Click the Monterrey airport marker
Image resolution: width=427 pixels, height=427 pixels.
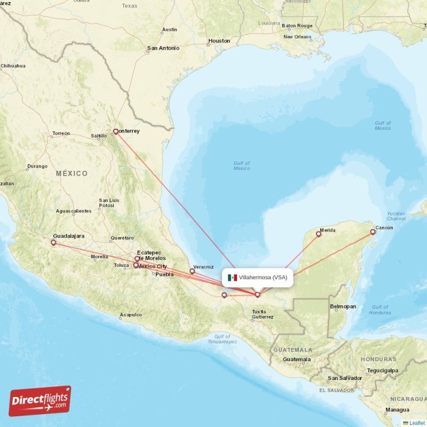(x=115, y=131)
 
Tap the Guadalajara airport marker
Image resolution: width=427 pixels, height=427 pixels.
(x=53, y=243)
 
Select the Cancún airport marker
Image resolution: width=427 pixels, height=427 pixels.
(x=373, y=232)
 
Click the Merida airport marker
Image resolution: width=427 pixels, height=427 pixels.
(x=319, y=233)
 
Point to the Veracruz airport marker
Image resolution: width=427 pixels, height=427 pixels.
(x=192, y=271)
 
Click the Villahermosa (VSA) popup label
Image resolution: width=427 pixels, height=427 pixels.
(x=263, y=278)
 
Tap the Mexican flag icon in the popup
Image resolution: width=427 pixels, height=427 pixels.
(x=232, y=278)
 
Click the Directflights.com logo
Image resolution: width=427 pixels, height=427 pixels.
(x=40, y=401)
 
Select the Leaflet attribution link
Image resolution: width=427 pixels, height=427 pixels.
(x=416, y=423)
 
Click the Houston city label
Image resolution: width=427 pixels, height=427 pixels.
(x=219, y=41)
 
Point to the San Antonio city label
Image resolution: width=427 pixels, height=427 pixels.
(x=163, y=48)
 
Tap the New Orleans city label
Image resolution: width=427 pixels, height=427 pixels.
(x=297, y=37)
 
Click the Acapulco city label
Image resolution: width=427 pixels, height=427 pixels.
(x=131, y=315)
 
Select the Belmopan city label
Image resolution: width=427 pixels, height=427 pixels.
(x=343, y=307)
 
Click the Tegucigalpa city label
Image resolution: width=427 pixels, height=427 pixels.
(x=383, y=370)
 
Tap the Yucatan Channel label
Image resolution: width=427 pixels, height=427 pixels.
(x=396, y=216)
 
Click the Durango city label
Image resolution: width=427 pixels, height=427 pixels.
(x=37, y=166)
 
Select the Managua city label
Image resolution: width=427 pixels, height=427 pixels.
(x=397, y=410)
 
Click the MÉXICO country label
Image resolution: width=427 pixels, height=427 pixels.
(x=72, y=173)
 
